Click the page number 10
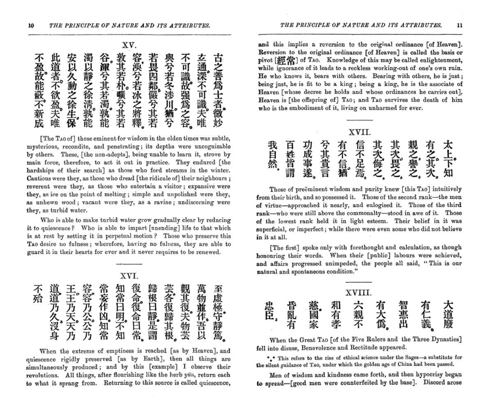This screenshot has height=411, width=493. coord(31,25)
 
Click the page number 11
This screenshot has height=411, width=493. coord(459,25)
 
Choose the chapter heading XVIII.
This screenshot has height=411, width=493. coord(359,293)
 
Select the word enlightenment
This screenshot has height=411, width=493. coord(442,60)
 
